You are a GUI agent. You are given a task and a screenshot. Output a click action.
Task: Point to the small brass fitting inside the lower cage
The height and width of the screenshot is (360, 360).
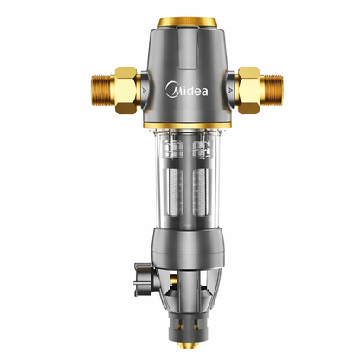[180, 298]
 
